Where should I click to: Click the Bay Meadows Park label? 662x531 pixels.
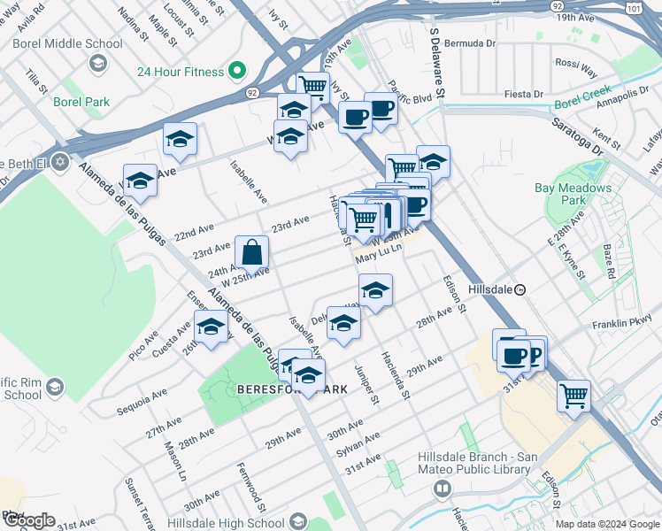(573, 194)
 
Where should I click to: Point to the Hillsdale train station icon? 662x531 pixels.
(521, 289)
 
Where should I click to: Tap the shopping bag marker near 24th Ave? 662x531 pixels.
(252, 252)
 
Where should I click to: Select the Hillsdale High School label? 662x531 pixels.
(225, 522)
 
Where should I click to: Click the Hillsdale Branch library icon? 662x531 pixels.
(442, 488)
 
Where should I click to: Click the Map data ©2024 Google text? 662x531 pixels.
(607, 524)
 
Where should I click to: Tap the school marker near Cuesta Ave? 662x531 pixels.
(210, 329)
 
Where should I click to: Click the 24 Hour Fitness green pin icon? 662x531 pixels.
(236, 71)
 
